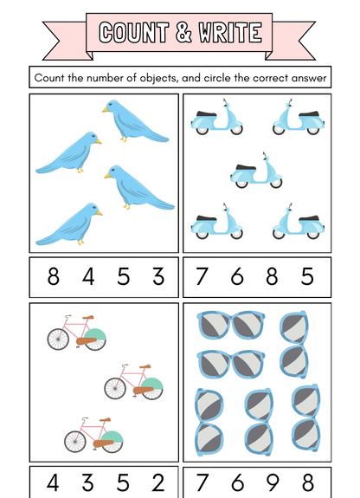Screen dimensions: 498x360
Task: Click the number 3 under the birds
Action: (x=158, y=277)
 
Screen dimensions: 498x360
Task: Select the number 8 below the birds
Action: (x=54, y=277)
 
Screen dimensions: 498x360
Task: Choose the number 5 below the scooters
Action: (x=307, y=277)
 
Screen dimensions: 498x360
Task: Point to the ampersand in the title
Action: (x=183, y=33)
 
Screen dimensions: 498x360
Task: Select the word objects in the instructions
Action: (x=149, y=78)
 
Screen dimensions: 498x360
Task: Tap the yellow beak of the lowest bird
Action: (x=100, y=210)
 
